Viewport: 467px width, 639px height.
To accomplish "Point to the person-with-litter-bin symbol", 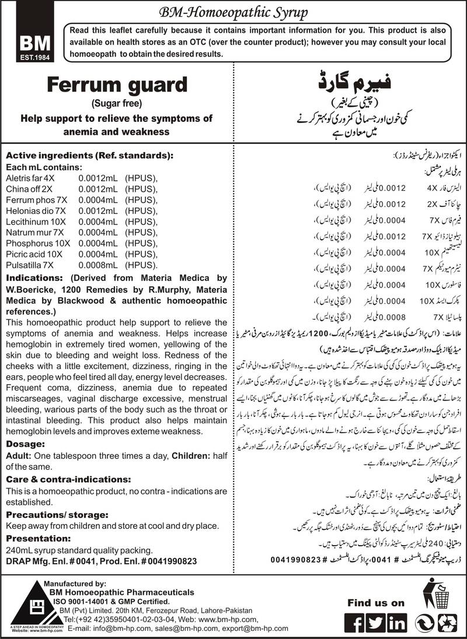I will pyautogui.click(x=439, y=598).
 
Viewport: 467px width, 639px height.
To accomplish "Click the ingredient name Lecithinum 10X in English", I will pyautogui.click(x=33, y=210).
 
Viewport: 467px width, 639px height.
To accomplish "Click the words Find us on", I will pyautogui.click(x=376, y=602).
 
